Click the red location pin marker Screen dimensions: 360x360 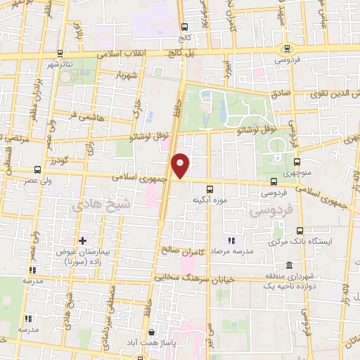point(181,166)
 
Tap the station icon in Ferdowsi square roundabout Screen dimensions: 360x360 point(286,49)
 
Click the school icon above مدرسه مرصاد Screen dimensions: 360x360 point(232,242)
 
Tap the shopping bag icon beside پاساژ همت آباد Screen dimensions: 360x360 point(150,333)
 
